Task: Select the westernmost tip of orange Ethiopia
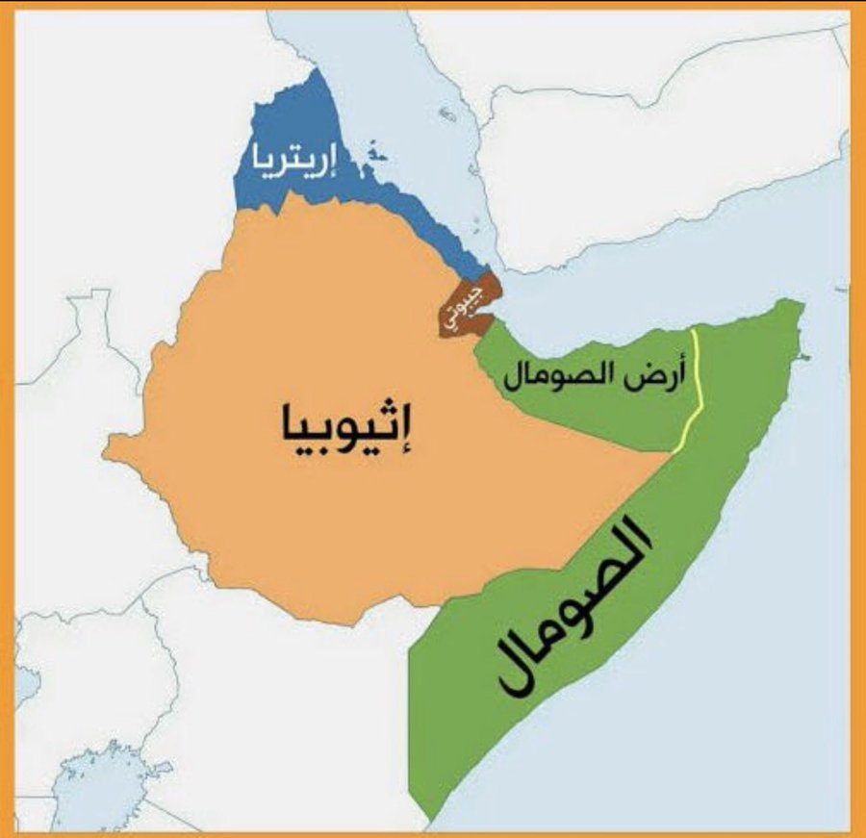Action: tap(108, 444)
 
